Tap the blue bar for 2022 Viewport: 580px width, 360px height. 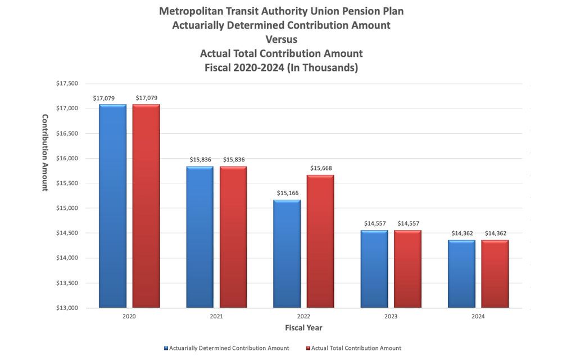[287, 254]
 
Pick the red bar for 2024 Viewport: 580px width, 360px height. [495, 274]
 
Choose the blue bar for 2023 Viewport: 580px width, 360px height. [374, 269]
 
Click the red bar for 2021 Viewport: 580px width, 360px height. [233, 237]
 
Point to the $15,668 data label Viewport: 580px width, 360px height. [321, 168]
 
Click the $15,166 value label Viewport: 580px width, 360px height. [287, 193]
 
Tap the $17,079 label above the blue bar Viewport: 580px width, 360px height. [104, 98]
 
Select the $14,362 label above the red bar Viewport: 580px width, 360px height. [495, 233]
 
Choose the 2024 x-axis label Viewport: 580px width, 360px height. [478, 316]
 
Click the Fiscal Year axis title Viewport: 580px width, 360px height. [303, 328]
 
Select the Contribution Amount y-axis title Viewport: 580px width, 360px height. [45, 152]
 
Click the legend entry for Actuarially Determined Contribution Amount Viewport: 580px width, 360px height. [226, 348]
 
